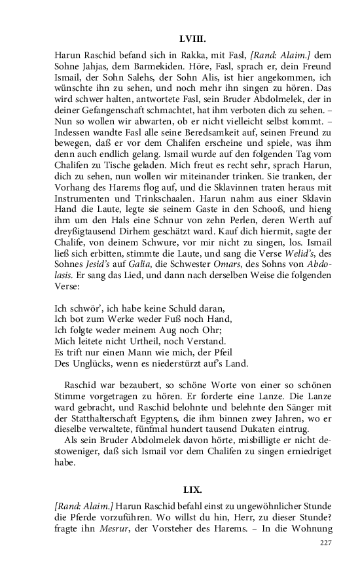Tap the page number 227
tap(325, 544)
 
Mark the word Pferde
tap(92, 518)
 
